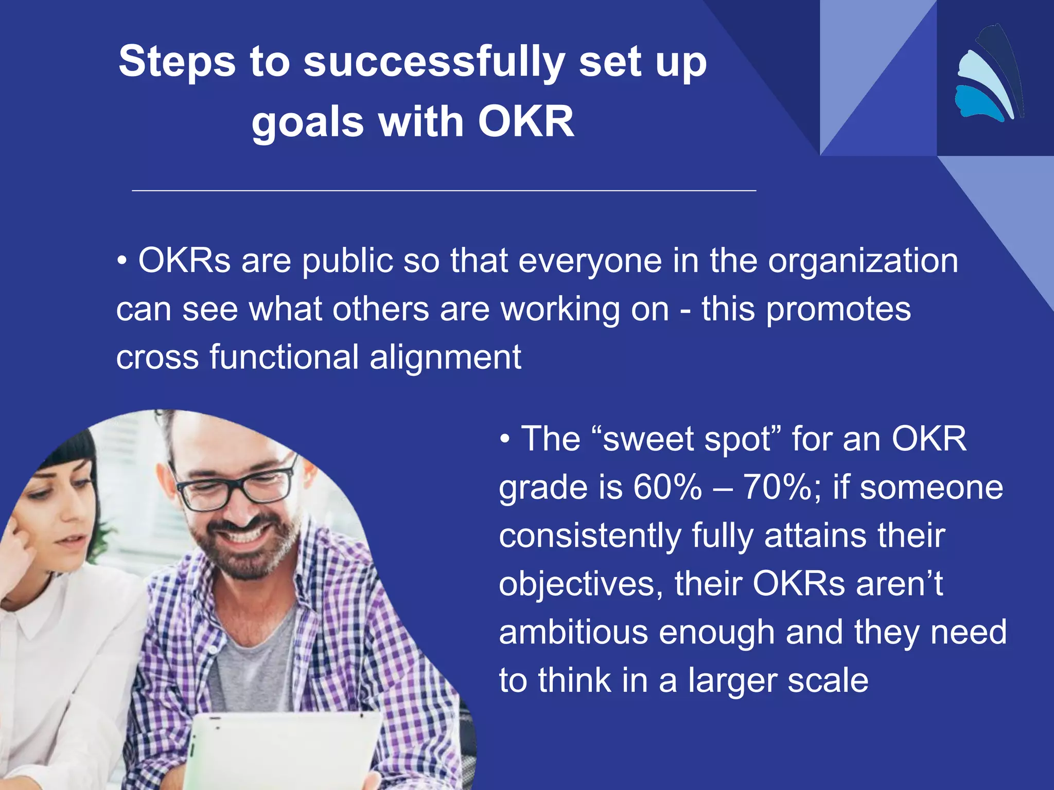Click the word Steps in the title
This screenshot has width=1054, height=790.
(177, 62)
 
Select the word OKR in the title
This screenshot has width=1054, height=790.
(525, 122)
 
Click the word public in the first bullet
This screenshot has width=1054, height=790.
(347, 261)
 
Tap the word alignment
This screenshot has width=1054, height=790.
(445, 357)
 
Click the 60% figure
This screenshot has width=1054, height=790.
(667, 487)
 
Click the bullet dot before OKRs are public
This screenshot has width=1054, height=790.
(122, 261)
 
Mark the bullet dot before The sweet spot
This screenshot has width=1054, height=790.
(505, 439)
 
